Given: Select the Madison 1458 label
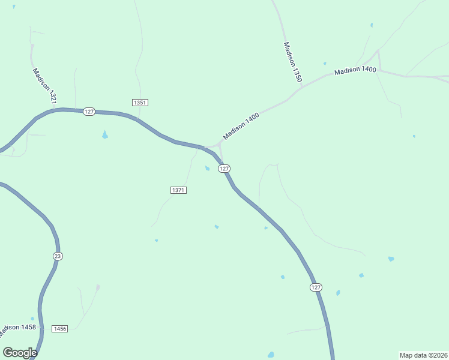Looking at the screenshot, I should pyautogui.click(x=19, y=328).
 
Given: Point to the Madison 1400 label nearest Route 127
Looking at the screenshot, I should pyautogui.click(x=241, y=126).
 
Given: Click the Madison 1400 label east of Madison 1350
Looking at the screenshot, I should pyautogui.click(x=355, y=70).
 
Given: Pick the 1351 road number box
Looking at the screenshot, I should pyautogui.click(x=140, y=103).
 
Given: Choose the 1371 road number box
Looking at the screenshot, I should pyautogui.click(x=178, y=190).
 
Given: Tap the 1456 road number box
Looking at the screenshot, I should pyautogui.click(x=59, y=329).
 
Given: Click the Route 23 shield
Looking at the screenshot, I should pyautogui.click(x=58, y=256).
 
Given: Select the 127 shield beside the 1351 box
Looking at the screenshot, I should pyautogui.click(x=89, y=112).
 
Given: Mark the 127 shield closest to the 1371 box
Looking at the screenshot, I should pyautogui.click(x=224, y=169).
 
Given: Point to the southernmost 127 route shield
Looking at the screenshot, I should pyautogui.click(x=316, y=287).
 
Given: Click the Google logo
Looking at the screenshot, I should pyautogui.click(x=20, y=353).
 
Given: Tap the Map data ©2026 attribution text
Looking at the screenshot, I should pyautogui.click(x=423, y=355).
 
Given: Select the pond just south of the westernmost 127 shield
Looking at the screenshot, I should pyautogui.click(x=105, y=135).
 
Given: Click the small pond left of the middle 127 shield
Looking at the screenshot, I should pyautogui.click(x=208, y=168).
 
